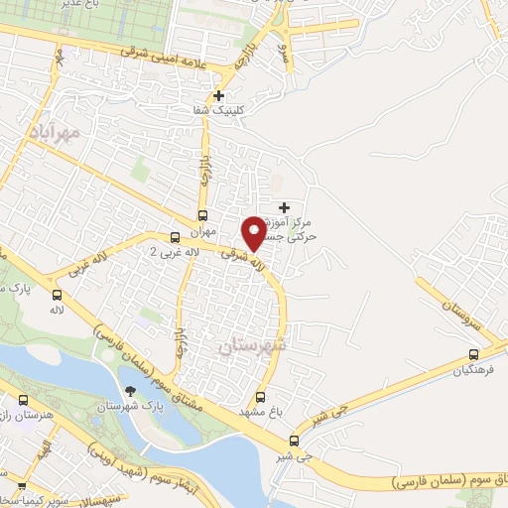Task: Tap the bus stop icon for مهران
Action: click(202, 215)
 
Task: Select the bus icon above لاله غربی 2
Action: click(175, 237)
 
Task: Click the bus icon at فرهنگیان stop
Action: click(473, 354)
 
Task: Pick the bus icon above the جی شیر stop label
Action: click(294, 442)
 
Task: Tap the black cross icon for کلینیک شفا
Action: click(232, 96)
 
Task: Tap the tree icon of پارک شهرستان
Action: click(129, 391)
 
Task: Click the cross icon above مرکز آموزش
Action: click(286, 207)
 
